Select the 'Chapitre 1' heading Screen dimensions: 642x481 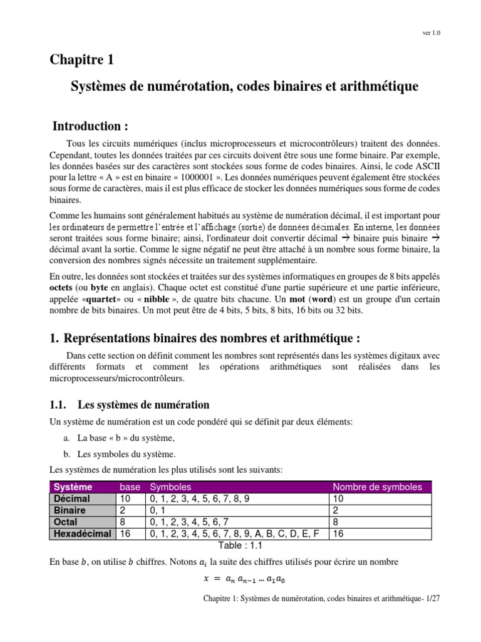[82, 60]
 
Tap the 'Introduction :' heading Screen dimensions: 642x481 [95, 127]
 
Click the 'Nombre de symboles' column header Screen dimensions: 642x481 [377, 487]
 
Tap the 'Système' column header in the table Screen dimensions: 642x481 [73, 487]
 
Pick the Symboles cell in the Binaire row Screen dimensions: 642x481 [155, 510]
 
